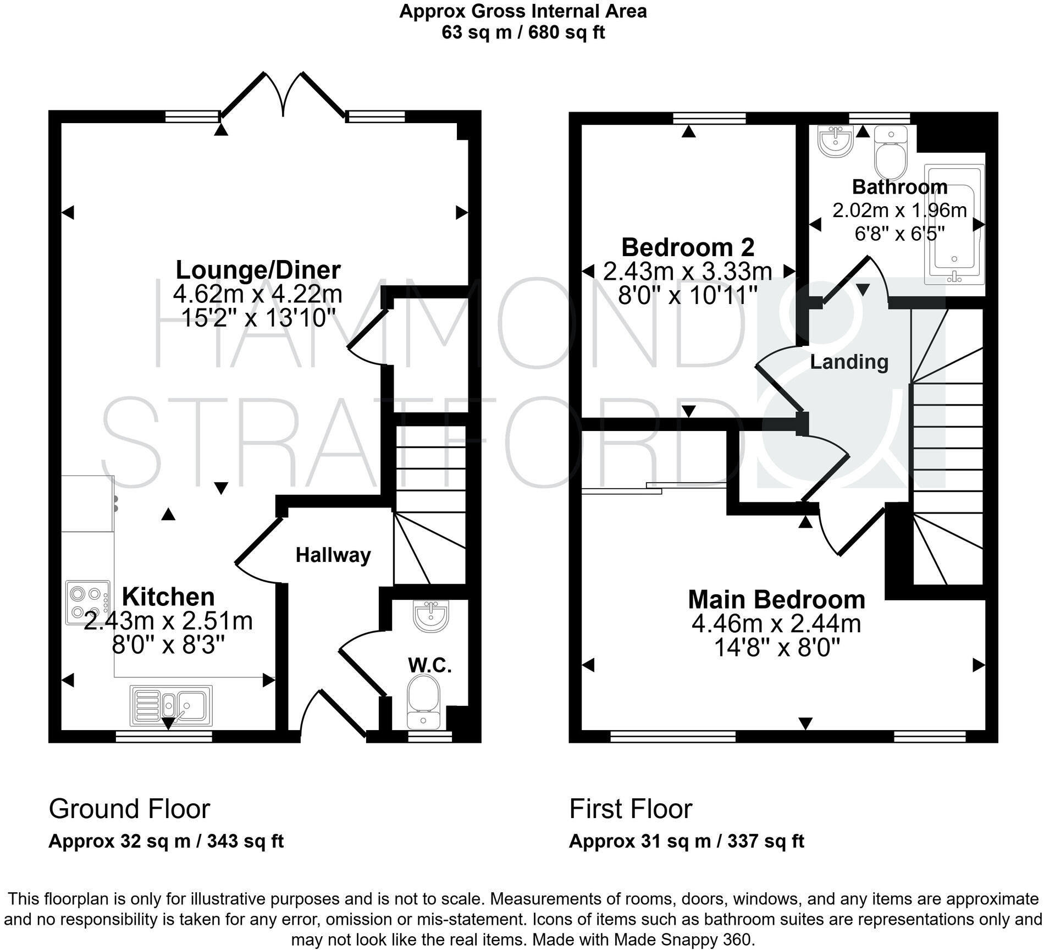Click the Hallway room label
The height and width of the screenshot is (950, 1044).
tap(333, 555)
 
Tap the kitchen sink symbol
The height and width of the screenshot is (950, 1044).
tap(171, 705)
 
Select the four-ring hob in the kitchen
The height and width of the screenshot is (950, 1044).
tap(87, 602)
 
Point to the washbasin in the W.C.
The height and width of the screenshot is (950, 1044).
tap(431, 615)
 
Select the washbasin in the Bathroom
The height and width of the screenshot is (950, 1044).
tap(835, 140)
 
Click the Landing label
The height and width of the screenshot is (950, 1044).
tap(849, 362)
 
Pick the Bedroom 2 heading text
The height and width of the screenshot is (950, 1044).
tap(688, 247)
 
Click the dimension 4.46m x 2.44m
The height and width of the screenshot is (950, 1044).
tap(776, 623)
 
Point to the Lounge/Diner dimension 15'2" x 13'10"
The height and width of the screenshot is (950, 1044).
tap(258, 318)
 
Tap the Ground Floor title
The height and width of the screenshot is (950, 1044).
tap(129, 809)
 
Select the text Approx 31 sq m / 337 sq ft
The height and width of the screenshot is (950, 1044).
tap(686, 841)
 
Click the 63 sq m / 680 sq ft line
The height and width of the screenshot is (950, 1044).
tap(523, 32)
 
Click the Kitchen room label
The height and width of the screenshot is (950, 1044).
tap(168, 596)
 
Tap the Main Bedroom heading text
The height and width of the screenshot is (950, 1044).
tap(776, 599)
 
